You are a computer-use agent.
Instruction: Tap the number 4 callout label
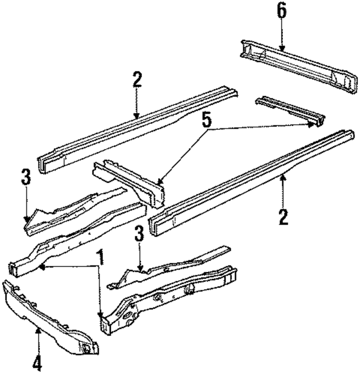click(37, 362)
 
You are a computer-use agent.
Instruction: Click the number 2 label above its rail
click(137, 79)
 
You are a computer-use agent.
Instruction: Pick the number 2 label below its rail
click(283, 216)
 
